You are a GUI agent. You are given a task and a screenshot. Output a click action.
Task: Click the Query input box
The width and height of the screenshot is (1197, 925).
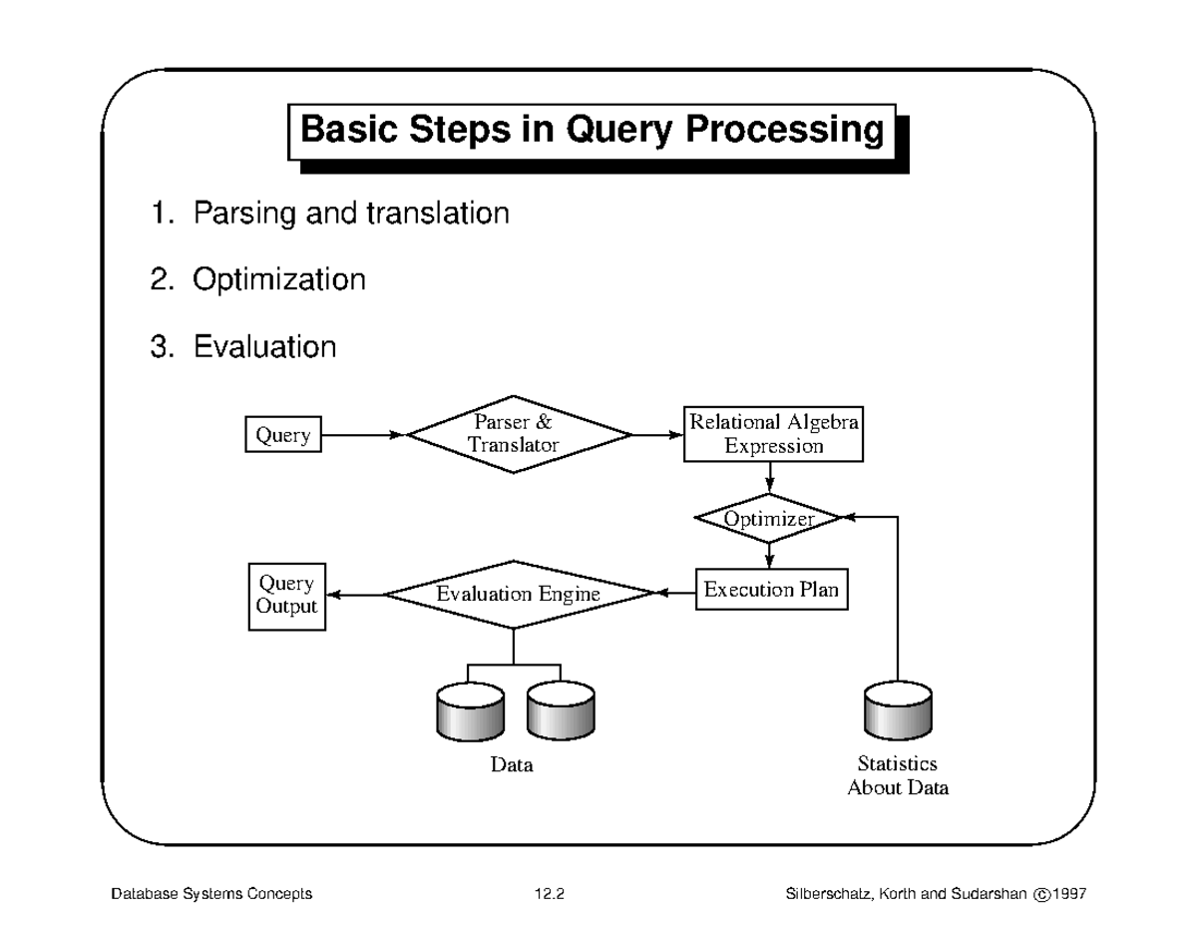[283, 436]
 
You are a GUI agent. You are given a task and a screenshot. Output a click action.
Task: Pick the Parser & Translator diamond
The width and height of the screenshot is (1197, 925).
[519, 434]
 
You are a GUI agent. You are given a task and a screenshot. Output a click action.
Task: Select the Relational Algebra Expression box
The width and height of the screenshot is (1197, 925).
[773, 434]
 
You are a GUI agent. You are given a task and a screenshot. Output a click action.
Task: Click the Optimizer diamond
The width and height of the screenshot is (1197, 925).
[768, 519]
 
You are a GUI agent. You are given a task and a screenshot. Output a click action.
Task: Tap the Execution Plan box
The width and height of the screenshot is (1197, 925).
[770, 590]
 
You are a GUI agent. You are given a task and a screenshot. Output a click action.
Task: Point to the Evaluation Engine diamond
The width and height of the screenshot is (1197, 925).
[517, 595]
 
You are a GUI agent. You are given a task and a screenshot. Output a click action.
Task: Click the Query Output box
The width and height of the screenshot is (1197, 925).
[286, 595]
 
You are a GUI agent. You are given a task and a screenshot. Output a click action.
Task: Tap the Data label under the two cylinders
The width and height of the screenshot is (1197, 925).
[513, 765]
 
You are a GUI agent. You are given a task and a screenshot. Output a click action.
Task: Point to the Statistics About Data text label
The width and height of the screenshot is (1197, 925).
[898, 776]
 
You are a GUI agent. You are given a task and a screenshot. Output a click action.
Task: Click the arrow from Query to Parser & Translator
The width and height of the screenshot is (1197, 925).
[363, 435]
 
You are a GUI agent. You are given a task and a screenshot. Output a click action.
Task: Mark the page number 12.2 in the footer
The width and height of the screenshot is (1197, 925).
[549, 894]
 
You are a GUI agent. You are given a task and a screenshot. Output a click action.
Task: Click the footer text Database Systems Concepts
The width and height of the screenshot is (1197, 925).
[210, 894]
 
